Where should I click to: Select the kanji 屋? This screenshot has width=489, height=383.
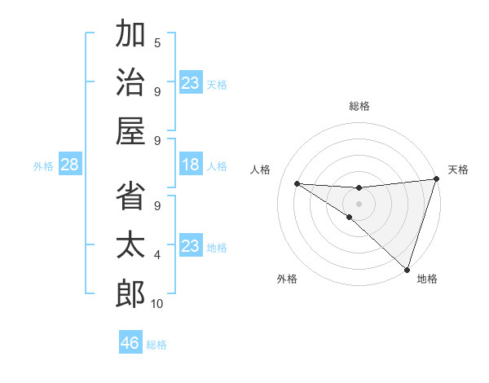(130, 132)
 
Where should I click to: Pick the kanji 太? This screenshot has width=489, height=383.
(130, 246)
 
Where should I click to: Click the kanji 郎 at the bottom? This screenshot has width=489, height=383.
(130, 295)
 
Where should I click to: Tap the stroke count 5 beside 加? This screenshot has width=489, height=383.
(157, 43)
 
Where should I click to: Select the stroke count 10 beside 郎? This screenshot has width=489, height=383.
(157, 304)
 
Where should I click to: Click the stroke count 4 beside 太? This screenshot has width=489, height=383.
(157, 255)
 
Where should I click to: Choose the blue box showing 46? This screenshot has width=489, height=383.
(130, 343)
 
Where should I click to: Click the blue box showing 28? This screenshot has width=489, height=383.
(70, 165)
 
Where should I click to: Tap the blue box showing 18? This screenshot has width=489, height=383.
(191, 165)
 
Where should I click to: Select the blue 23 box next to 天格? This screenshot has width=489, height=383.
(191, 83)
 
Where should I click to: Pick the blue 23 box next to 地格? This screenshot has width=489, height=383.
(191, 246)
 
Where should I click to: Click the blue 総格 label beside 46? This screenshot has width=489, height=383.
(156, 345)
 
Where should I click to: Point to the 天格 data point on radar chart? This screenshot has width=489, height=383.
(437, 179)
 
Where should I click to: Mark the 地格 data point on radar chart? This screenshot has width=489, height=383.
(407, 270)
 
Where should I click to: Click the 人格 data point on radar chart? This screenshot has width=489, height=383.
(297, 183)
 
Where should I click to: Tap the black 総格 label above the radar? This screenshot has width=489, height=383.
(359, 106)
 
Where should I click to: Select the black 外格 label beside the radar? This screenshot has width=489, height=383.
(287, 280)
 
